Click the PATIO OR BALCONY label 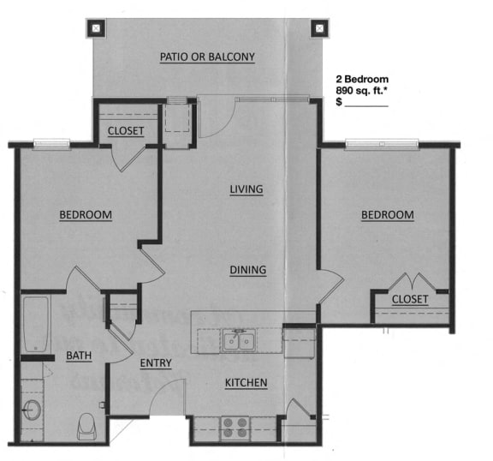point(208,57)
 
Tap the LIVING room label point(246,189)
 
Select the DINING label point(248,270)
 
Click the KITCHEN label point(246,382)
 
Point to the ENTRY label point(156,363)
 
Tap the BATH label point(79,356)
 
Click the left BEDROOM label point(85,214)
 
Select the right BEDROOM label point(387,215)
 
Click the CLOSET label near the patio point(126,131)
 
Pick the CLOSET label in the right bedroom point(409,299)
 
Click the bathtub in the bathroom point(36,323)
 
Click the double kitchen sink point(238,341)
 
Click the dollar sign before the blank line point(339,101)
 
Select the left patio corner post point(93,27)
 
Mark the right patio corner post point(320,27)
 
